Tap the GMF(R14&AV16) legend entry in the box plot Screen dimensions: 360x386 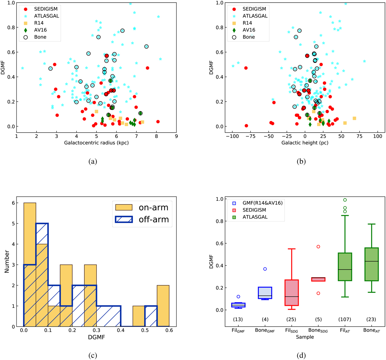[x=254, y=203]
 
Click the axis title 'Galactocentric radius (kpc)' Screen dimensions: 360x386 [x=96, y=143]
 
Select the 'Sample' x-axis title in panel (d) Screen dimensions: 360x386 [x=305, y=337]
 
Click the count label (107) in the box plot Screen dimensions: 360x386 [x=345, y=319]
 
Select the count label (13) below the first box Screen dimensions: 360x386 [x=238, y=319]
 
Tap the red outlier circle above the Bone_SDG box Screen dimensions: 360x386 [x=318, y=247]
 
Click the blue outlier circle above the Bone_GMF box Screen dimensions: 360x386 [x=265, y=269]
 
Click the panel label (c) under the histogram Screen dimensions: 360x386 [x=93, y=355]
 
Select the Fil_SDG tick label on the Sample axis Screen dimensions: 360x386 [x=291, y=331]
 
